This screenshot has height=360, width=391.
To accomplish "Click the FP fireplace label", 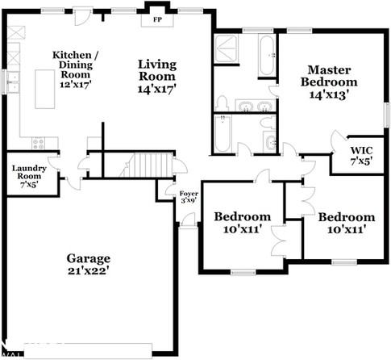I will click(156, 21).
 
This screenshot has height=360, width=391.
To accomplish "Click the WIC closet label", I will click(360, 151).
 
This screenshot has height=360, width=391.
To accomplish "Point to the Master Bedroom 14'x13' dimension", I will click(329, 95).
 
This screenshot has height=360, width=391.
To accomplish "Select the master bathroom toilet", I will click(222, 103).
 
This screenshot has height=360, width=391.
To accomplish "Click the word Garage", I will click(89, 258).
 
